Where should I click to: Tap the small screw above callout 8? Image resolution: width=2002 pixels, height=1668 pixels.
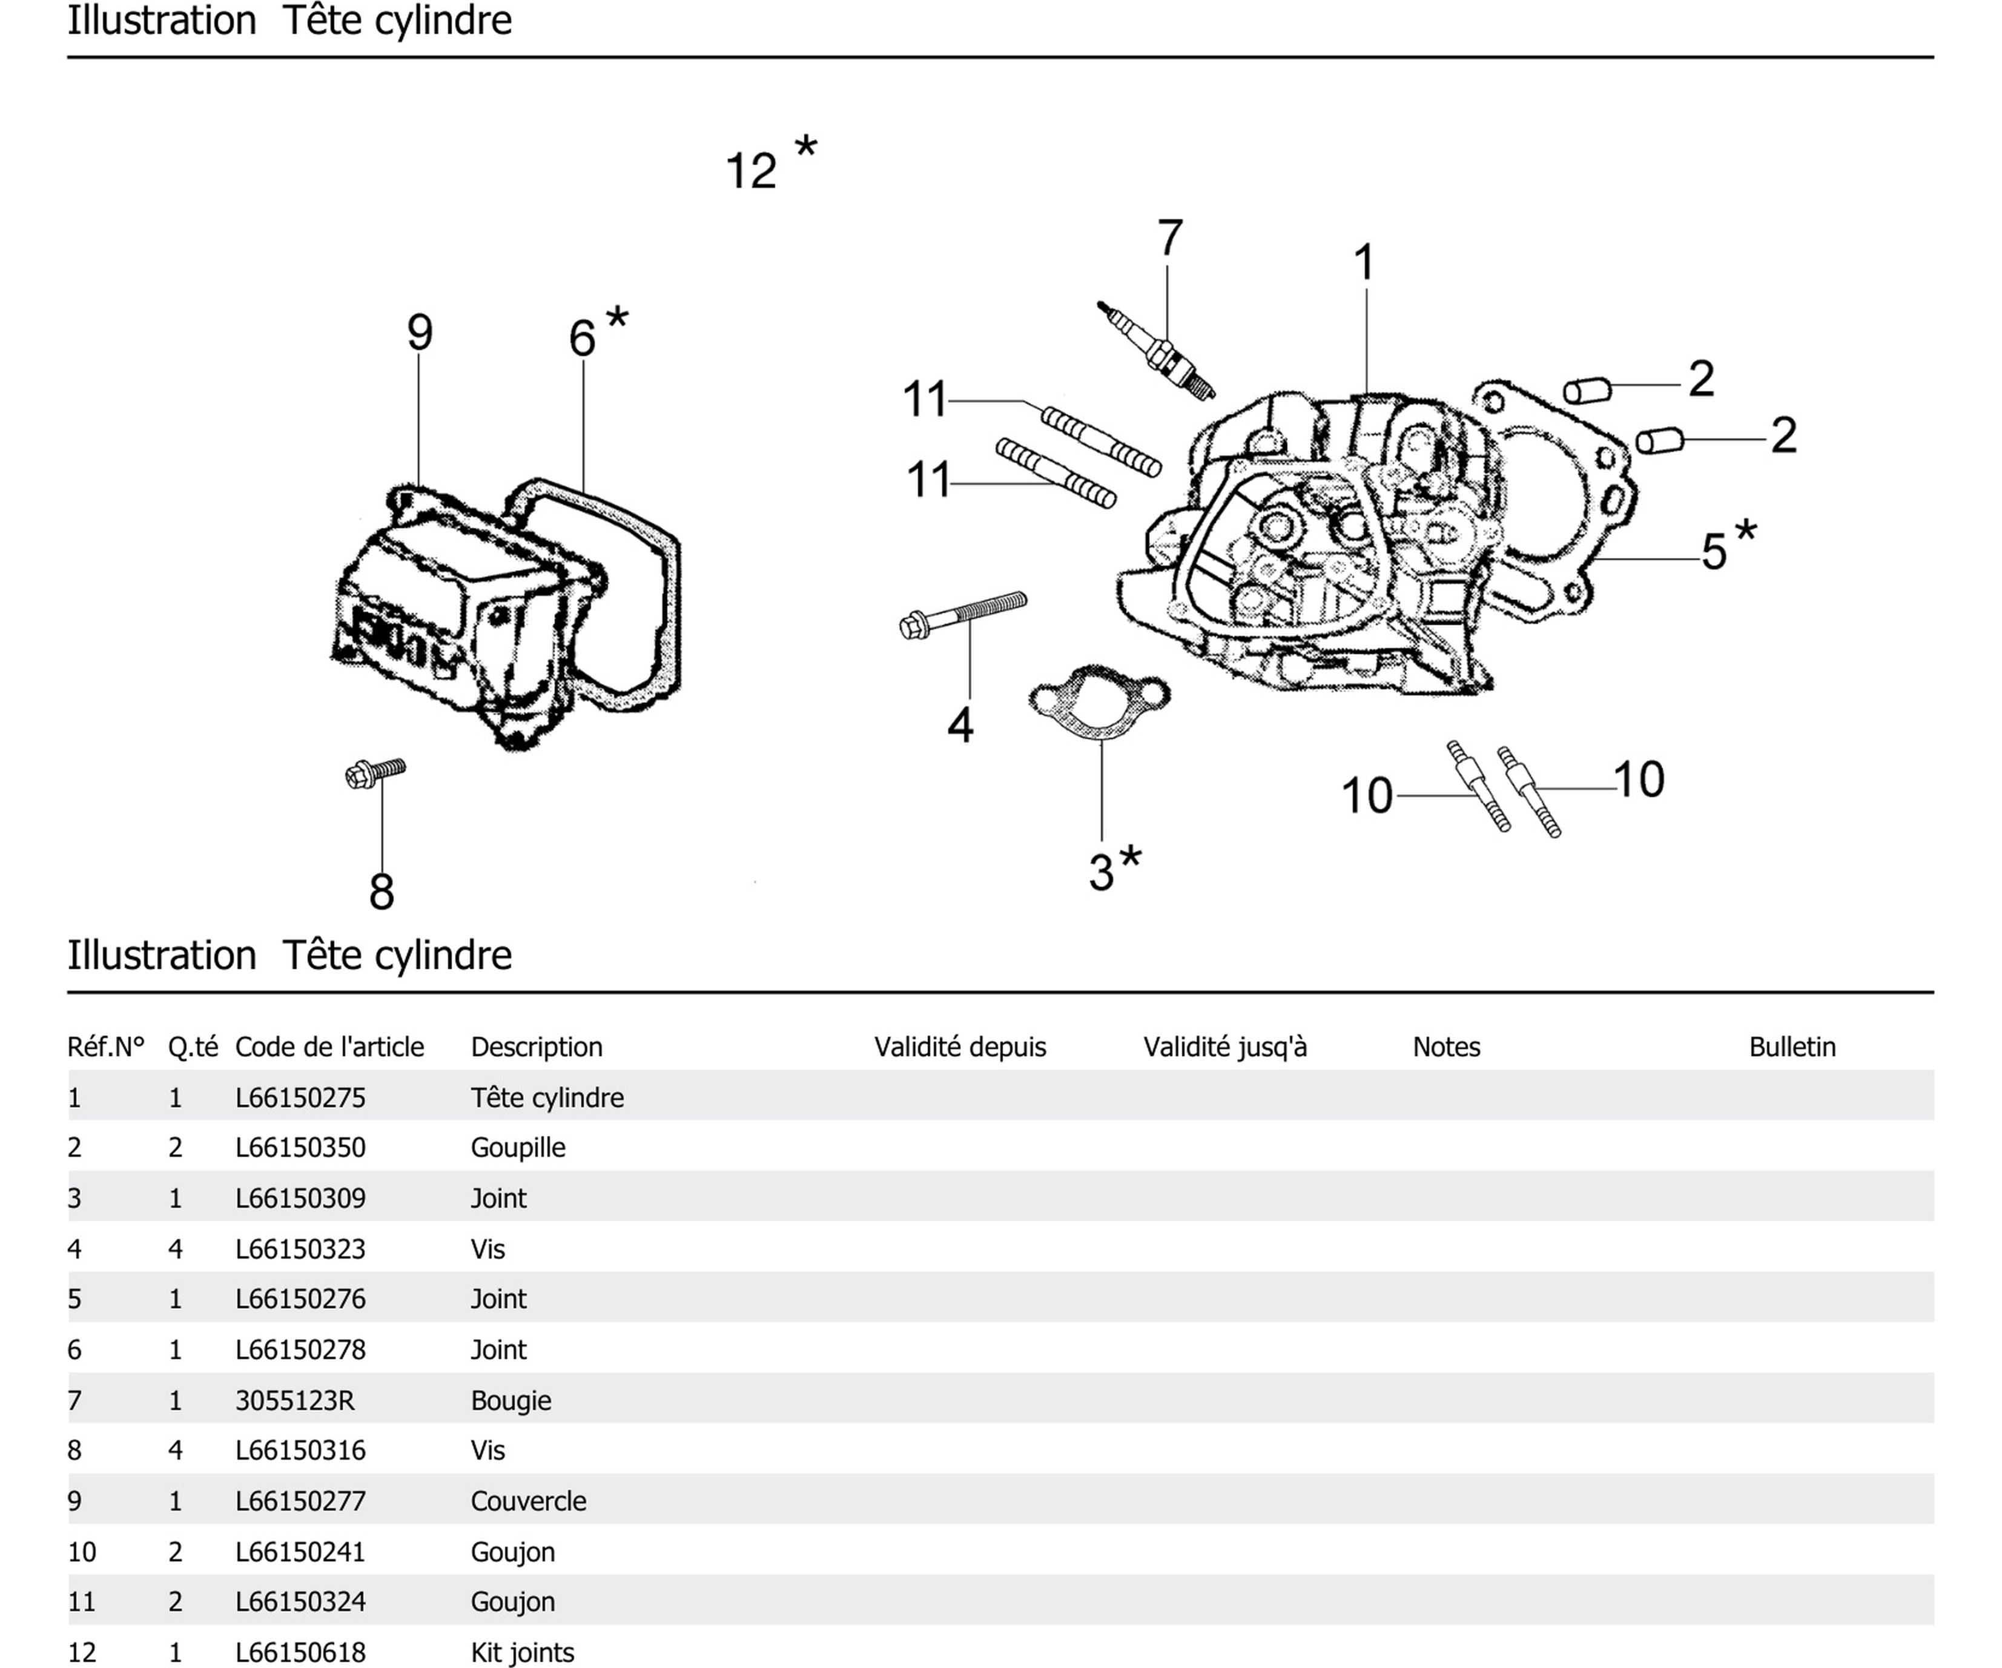point(375,772)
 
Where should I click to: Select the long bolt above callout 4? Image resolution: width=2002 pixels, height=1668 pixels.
point(963,615)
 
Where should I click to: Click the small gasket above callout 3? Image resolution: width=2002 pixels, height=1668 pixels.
point(1099,703)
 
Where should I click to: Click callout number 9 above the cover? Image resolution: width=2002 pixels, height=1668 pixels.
point(420,333)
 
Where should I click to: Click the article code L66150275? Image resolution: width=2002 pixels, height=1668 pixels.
point(300,1097)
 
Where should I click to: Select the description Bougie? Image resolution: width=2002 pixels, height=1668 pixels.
point(511,1400)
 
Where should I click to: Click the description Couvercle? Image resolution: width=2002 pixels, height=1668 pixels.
point(528,1501)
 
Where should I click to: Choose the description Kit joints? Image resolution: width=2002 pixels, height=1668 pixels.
point(523,1652)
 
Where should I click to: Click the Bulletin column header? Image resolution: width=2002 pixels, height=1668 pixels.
point(1791,1047)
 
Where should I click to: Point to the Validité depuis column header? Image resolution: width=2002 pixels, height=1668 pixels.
point(960,1047)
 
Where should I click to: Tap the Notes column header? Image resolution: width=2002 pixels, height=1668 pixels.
point(1446,1047)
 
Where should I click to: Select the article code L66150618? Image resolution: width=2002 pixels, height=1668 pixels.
point(300,1652)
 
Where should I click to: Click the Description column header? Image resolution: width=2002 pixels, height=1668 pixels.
point(537,1047)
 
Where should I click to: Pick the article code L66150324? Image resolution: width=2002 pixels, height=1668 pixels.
point(300,1601)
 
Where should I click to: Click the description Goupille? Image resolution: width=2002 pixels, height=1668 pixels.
point(518,1147)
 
